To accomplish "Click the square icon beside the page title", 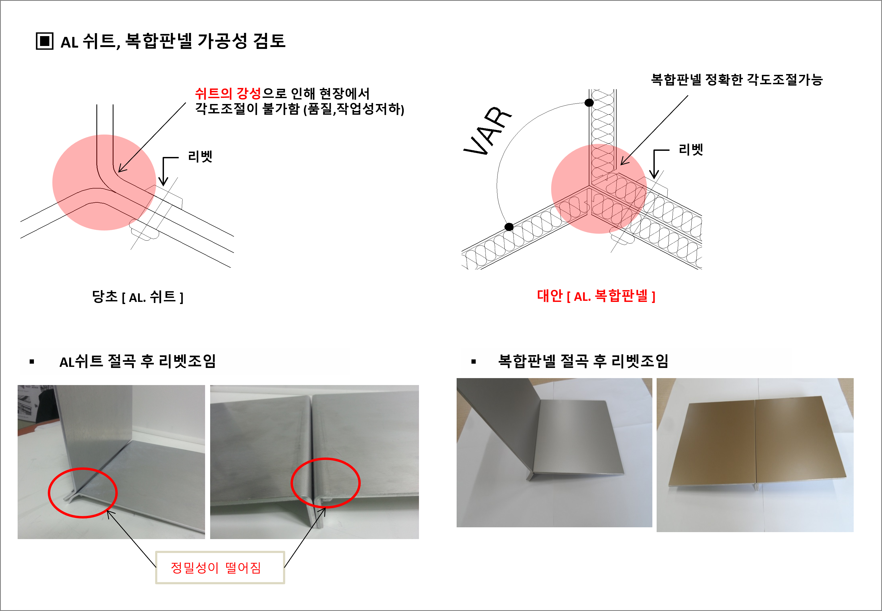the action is pos(44,41).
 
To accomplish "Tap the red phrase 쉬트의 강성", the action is pos(228,93).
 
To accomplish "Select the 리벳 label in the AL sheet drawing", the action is pos(200,156).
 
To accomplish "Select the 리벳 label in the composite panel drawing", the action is pos(691,149).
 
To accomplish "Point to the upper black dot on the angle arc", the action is pos(589,103).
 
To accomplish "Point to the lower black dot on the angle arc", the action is pos(509,227).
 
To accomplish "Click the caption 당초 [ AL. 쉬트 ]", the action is pos(138,297).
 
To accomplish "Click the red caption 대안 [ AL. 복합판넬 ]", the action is pos(596,295).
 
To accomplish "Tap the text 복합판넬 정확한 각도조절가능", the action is pos(737,79).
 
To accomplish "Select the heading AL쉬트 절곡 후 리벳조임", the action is pos(138,361).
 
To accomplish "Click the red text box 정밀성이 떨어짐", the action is pos(220,567).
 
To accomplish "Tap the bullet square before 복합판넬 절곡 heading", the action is pos(474,362).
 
